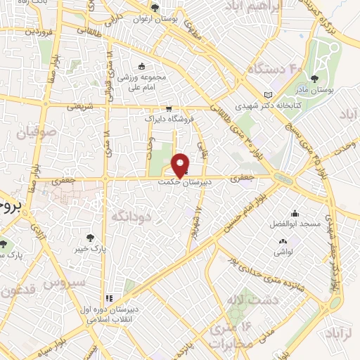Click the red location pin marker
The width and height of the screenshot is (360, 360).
click(181, 165)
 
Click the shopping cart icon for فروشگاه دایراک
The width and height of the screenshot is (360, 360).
click(168, 109)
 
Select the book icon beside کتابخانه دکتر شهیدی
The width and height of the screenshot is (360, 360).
click(267, 95)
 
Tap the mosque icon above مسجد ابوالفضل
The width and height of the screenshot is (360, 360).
click(295, 213)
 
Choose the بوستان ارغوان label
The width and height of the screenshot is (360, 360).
click(155, 19)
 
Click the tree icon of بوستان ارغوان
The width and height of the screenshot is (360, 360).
click(155, 8)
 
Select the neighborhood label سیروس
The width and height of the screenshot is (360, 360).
click(64, 283)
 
